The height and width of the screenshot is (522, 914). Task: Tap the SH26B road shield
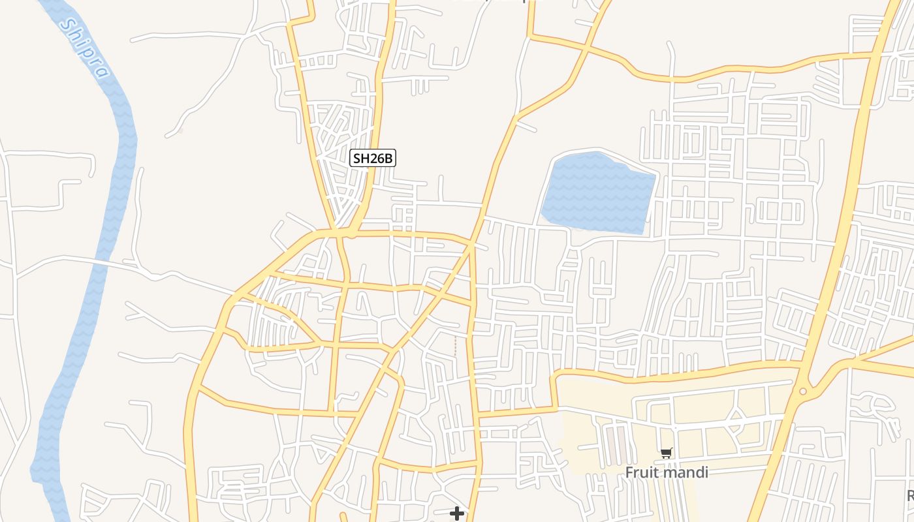click(373, 158)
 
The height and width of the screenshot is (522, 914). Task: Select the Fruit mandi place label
click(666, 472)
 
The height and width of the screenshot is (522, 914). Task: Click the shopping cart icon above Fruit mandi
click(666, 453)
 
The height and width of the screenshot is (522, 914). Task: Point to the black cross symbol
click(457, 514)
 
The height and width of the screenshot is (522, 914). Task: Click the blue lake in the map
click(597, 192)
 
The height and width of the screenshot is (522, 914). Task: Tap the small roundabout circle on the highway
click(802, 391)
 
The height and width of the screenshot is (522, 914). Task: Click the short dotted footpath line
click(455, 346)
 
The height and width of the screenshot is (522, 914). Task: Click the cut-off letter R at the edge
click(909, 496)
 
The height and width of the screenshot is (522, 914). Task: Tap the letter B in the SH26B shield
click(388, 158)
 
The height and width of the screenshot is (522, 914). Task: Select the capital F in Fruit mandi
click(629, 472)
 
